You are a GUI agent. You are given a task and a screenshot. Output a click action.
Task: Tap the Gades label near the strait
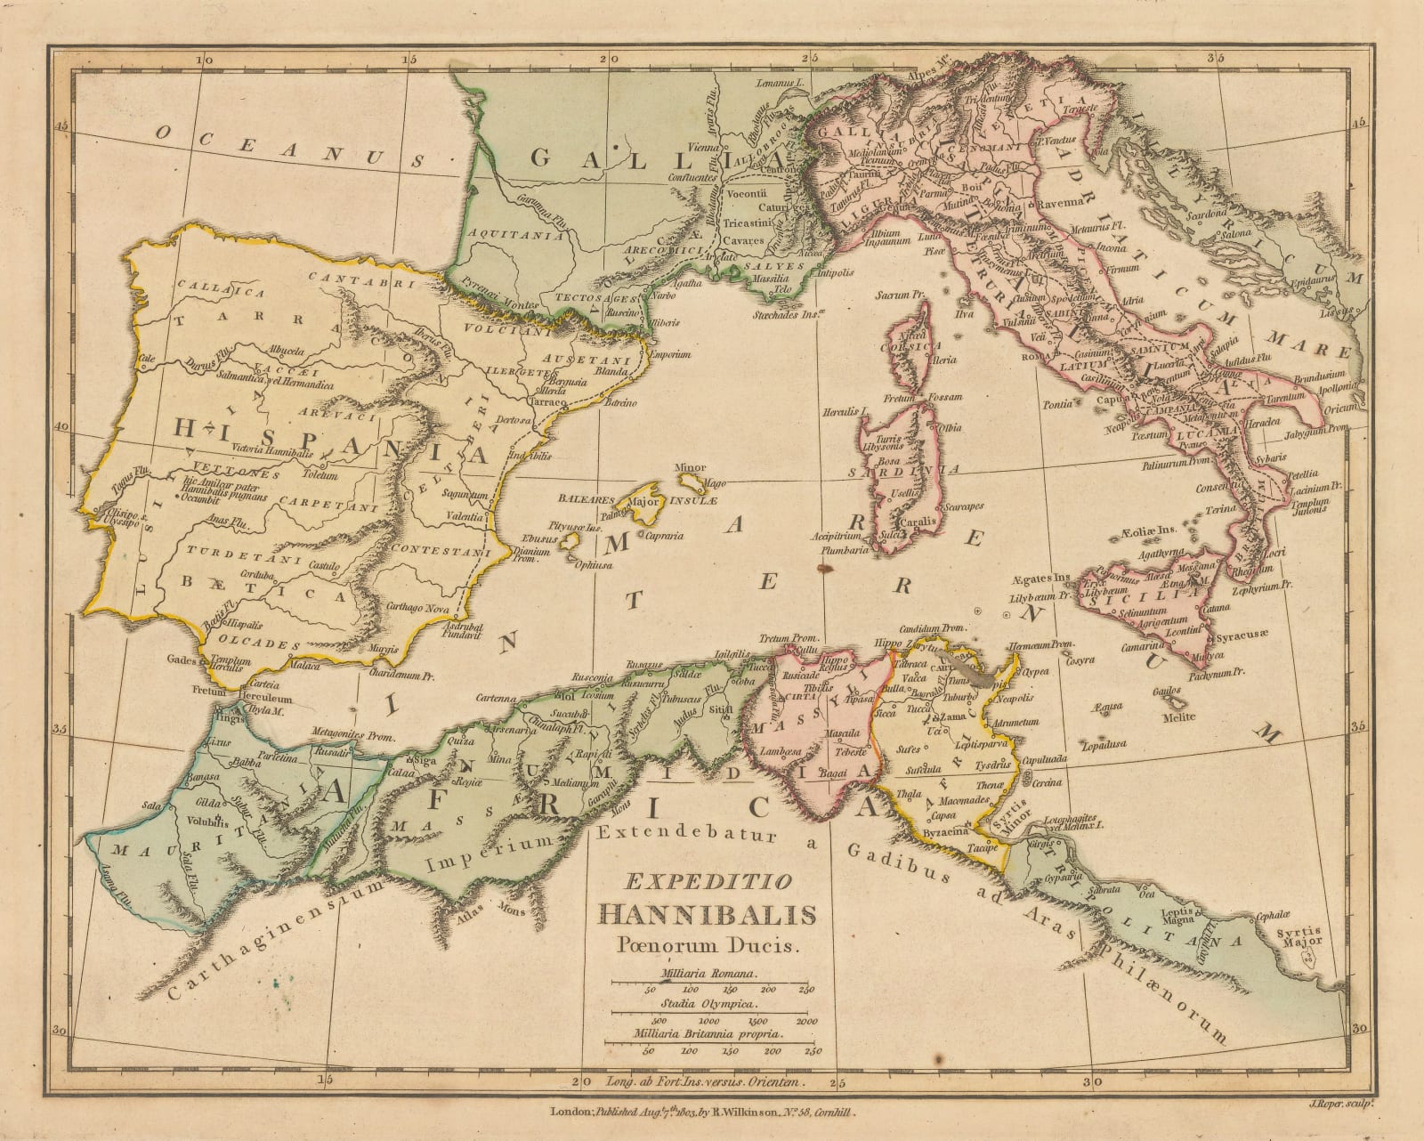[x=180, y=662]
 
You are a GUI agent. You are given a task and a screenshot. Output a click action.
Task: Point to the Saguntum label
[x=468, y=495]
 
